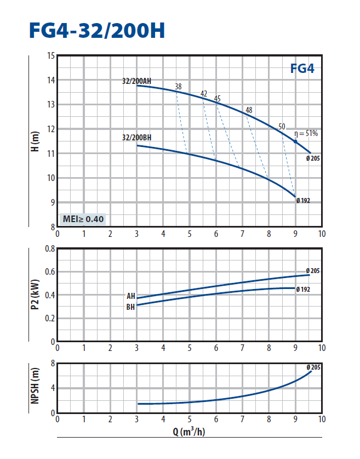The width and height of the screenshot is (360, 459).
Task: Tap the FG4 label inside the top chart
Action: (x=302, y=70)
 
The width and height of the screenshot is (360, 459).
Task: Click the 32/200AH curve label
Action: (x=136, y=81)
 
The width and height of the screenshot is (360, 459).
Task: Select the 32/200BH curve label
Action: (x=136, y=138)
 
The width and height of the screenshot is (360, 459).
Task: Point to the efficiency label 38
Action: (x=178, y=87)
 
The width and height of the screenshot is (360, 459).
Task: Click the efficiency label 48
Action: (x=249, y=110)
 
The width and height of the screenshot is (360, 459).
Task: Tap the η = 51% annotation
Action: (x=306, y=133)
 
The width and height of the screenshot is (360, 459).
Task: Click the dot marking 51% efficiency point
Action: (x=295, y=141)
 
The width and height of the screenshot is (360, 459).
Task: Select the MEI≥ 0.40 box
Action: (x=83, y=219)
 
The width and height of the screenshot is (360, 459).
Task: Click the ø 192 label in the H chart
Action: (x=303, y=201)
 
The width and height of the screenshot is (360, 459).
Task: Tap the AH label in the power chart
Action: (x=130, y=296)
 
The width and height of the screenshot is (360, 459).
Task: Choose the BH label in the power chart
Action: (x=130, y=308)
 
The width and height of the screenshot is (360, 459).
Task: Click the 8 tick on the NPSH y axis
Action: (x=52, y=364)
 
